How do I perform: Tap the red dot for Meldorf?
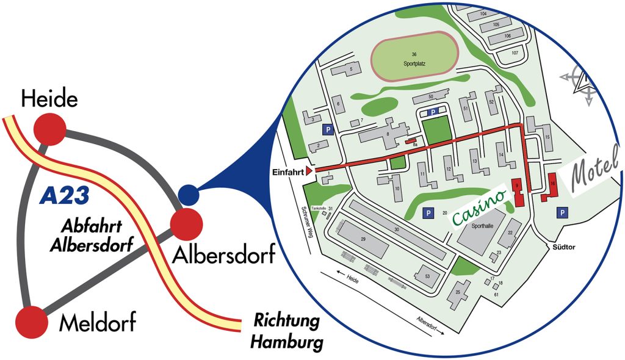point(31,322)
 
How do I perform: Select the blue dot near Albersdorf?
point(189,195)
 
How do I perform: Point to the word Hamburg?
point(287,342)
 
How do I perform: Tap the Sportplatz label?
point(414,63)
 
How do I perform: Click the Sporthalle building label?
point(482,225)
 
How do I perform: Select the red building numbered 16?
point(551,187)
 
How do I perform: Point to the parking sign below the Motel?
point(562,212)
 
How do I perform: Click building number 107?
point(515,53)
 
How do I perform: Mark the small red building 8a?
point(413,142)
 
